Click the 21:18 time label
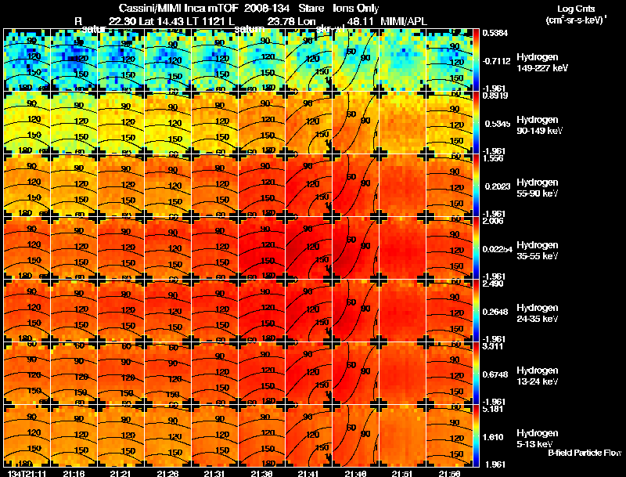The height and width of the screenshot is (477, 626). click(x=74, y=473)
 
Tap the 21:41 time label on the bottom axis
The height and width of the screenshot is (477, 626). click(x=309, y=473)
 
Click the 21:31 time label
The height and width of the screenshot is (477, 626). click(x=215, y=473)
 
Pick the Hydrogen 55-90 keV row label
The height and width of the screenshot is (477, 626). click(x=537, y=187)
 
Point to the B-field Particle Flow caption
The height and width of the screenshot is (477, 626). click(x=585, y=453)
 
